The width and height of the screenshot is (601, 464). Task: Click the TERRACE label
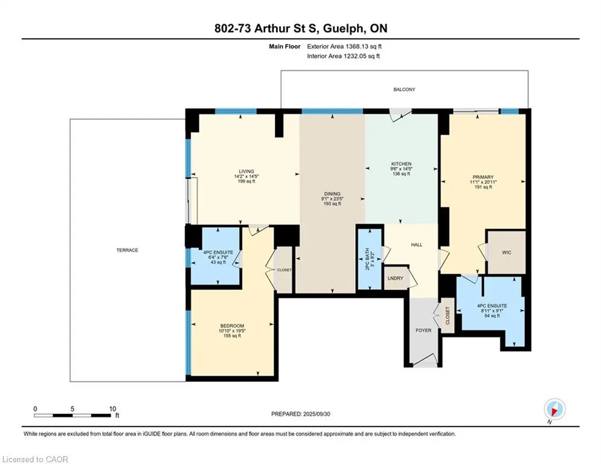[127, 250]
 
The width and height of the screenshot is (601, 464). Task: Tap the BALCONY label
[404, 89]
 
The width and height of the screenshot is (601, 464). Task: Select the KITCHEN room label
[401, 164]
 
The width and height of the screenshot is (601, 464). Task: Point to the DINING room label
[332, 194]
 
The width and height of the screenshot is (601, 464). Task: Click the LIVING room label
[246, 172]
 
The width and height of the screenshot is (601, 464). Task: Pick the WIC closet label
[506, 253]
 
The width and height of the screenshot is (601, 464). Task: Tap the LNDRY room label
[395, 278]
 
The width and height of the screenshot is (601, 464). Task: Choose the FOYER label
[423, 330]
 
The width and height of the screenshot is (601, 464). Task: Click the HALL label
[417, 245]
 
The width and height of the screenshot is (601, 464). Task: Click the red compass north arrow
[554, 411]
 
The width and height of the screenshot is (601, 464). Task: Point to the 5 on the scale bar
[72, 409]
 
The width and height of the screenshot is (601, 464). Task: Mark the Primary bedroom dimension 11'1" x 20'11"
[483, 182]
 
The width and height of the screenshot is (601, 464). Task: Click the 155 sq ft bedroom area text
[232, 335]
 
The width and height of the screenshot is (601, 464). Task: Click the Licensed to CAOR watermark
[35, 459]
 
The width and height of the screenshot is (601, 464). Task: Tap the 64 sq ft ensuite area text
[492, 315]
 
